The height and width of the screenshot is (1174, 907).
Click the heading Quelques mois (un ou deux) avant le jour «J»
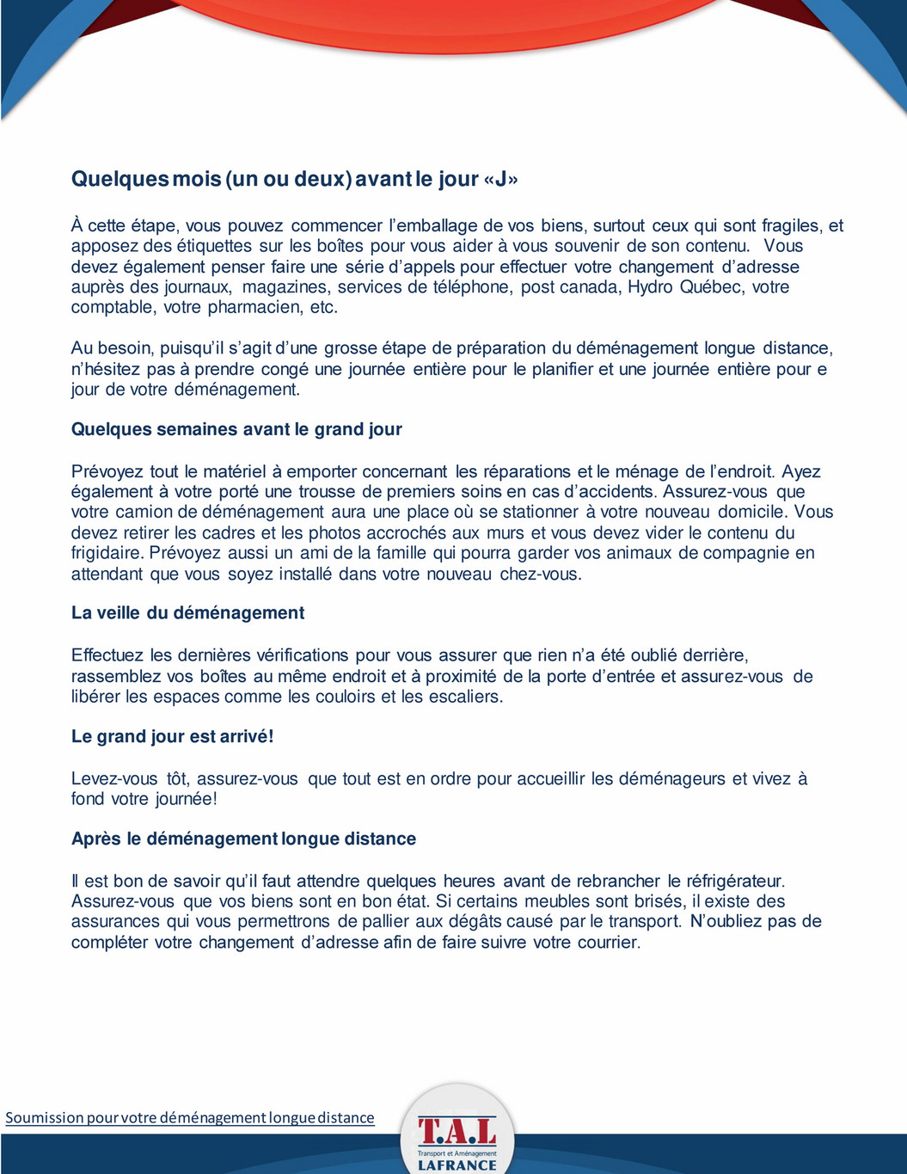point(294,179)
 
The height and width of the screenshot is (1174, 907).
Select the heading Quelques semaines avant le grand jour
point(236,429)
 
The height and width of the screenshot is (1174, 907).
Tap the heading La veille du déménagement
point(187,613)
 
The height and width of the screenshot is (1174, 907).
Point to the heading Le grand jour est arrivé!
point(172,736)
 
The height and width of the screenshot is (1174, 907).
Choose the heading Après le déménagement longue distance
point(243,839)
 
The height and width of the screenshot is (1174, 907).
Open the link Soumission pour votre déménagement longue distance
point(190,1117)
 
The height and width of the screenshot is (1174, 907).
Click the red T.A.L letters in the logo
point(457,1130)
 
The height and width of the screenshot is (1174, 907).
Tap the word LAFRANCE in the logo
point(457,1165)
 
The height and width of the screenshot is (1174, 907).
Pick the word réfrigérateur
point(733,881)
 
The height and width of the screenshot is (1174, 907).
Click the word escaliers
point(461,697)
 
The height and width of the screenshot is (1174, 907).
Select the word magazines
point(285,286)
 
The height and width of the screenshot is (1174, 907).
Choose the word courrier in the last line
point(607,942)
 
